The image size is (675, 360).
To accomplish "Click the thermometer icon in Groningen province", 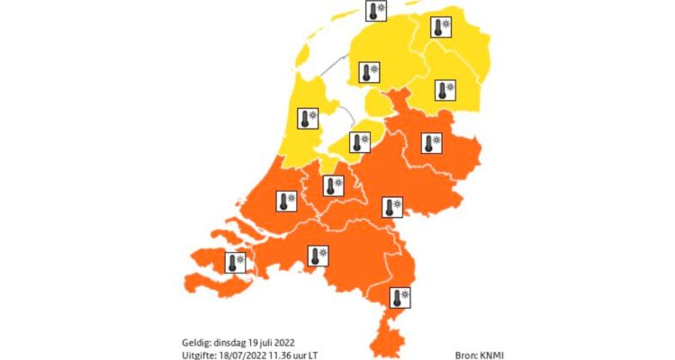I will click(x=441, y=28).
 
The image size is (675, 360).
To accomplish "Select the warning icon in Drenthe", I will click(x=445, y=90).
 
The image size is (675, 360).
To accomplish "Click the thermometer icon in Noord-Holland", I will click(x=310, y=118).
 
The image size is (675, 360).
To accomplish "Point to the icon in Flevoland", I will click(x=359, y=142).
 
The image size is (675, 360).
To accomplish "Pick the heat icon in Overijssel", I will click(x=433, y=142).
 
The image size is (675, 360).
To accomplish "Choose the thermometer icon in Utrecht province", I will click(x=333, y=186).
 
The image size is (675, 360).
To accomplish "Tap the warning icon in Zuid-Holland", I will click(x=287, y=202).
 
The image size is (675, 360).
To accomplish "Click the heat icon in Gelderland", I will click(x=392, y=208).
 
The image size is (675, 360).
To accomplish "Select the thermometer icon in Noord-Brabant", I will click(x=318, y=256).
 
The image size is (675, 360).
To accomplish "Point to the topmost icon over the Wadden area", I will click(x=375, y=11).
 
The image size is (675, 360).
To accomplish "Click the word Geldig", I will click(x=195, y=342).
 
